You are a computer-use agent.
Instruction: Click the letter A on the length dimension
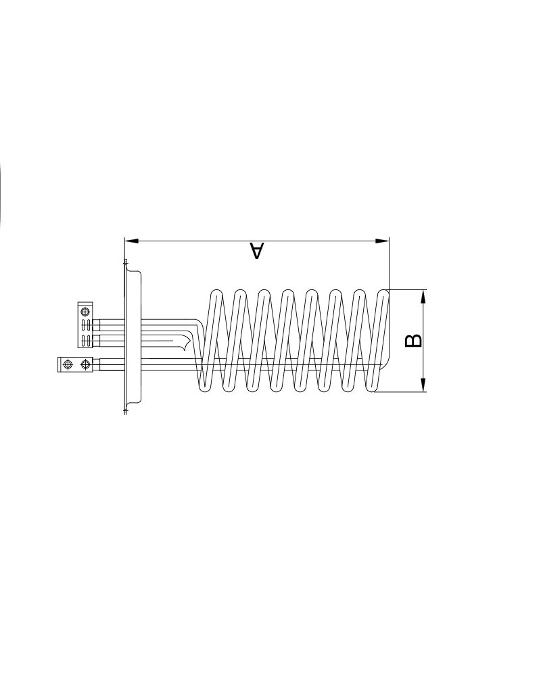click(256, 251)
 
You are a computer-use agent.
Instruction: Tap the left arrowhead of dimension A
click(131, 240)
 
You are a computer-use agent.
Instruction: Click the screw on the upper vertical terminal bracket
click(85, 312)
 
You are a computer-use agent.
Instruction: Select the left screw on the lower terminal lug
click(67, 365)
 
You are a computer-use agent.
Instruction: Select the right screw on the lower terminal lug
click(85, 365)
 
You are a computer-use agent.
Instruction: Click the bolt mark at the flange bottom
click(125, 410)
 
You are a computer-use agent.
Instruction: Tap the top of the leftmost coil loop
click(216, 291)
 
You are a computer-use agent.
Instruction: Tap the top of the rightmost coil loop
click(383, 291)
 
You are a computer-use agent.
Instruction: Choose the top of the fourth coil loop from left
click(287, 291)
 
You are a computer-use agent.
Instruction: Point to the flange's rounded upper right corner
click(139, 274)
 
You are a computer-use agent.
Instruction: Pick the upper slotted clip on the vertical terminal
click(85, 324)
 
